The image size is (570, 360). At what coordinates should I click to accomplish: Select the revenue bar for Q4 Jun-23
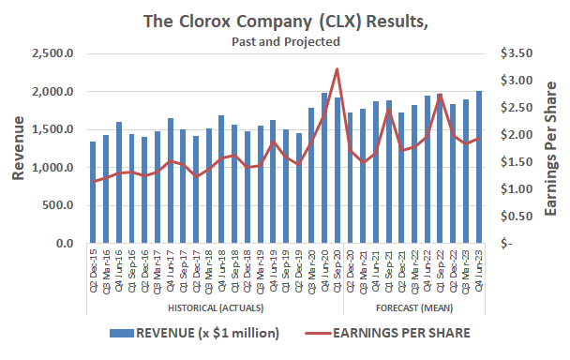(479, 168)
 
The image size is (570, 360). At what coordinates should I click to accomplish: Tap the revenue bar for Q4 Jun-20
(324, 169)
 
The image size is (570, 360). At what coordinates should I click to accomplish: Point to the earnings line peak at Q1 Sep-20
(337, 69)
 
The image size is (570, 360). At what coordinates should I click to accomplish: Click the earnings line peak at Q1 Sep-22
(441, 95)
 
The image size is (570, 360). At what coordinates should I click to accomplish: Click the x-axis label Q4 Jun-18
(221, 273)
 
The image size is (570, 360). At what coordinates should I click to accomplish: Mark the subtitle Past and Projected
(284, 41)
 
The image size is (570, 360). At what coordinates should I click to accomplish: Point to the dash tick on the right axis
(507, 244)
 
